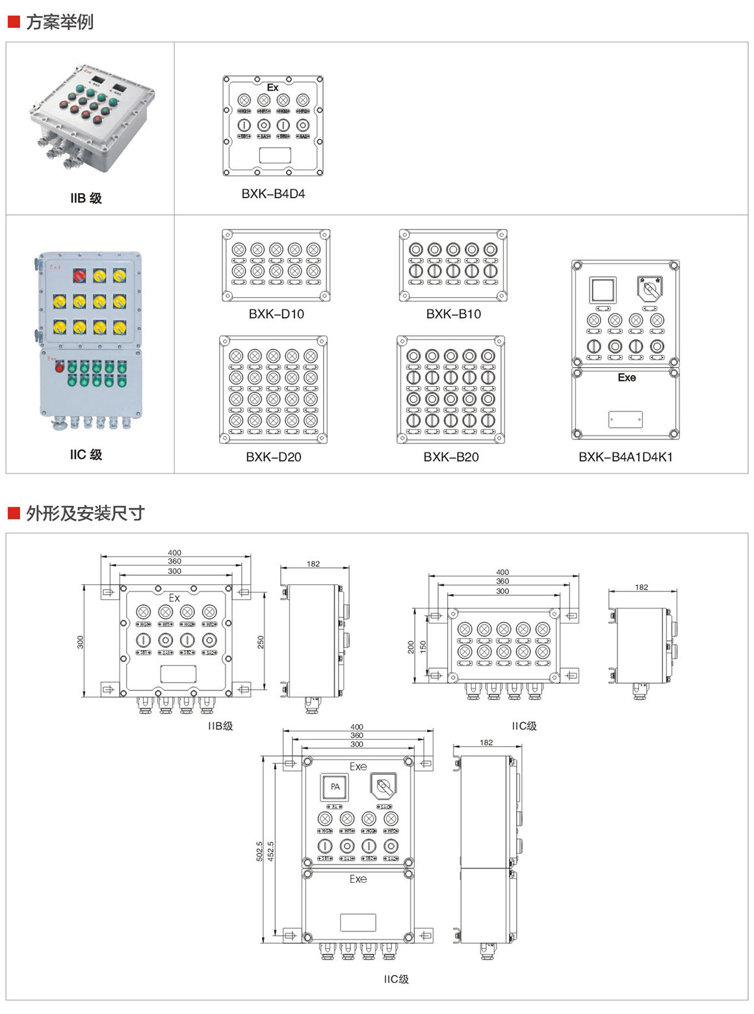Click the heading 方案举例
(59, 22)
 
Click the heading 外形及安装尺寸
(84, 513)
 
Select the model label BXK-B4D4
(273, 194)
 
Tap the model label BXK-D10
(276, 314)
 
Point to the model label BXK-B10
(453, 314)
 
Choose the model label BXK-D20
(274, 457)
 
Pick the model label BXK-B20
(451, 457)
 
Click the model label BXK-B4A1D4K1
(625, 457)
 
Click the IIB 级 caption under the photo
(86, 198)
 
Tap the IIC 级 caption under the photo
(86, 454)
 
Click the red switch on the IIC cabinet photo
(79, 276)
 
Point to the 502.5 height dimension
(260, 851)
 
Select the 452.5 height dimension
(271, 851)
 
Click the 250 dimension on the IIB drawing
(261, 642)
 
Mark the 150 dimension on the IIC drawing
(423, 647)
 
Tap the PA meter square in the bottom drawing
(335, 786)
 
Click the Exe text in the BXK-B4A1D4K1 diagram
(627, 378)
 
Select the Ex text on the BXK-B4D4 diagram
(272, 87)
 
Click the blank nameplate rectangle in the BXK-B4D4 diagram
(275, 155)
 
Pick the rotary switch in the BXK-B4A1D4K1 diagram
(649, 288)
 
